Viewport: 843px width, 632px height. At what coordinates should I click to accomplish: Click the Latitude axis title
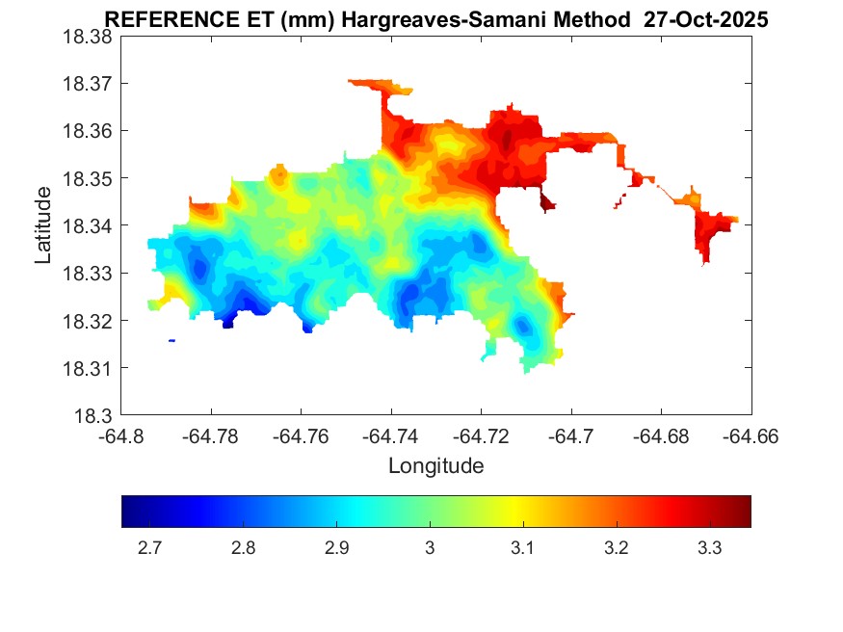point(43,225)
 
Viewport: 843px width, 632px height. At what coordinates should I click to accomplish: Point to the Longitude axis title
point(435,466)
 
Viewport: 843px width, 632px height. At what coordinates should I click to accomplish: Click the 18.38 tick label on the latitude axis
point(87,37)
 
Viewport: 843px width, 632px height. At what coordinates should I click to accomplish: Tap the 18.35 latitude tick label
point(87,179)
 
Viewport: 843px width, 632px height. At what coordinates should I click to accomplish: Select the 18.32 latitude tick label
point(87,321)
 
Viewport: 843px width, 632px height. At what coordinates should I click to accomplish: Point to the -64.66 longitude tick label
point(751,435)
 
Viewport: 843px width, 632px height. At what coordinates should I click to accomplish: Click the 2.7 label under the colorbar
point(149,548)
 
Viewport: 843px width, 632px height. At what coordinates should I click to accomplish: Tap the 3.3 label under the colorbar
point(710,548)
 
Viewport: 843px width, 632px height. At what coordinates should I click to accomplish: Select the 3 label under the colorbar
point(430,548)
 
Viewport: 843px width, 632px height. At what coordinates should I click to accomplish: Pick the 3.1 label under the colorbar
point(523,548)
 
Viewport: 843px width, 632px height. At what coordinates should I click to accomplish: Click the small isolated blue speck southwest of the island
point(171,340)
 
